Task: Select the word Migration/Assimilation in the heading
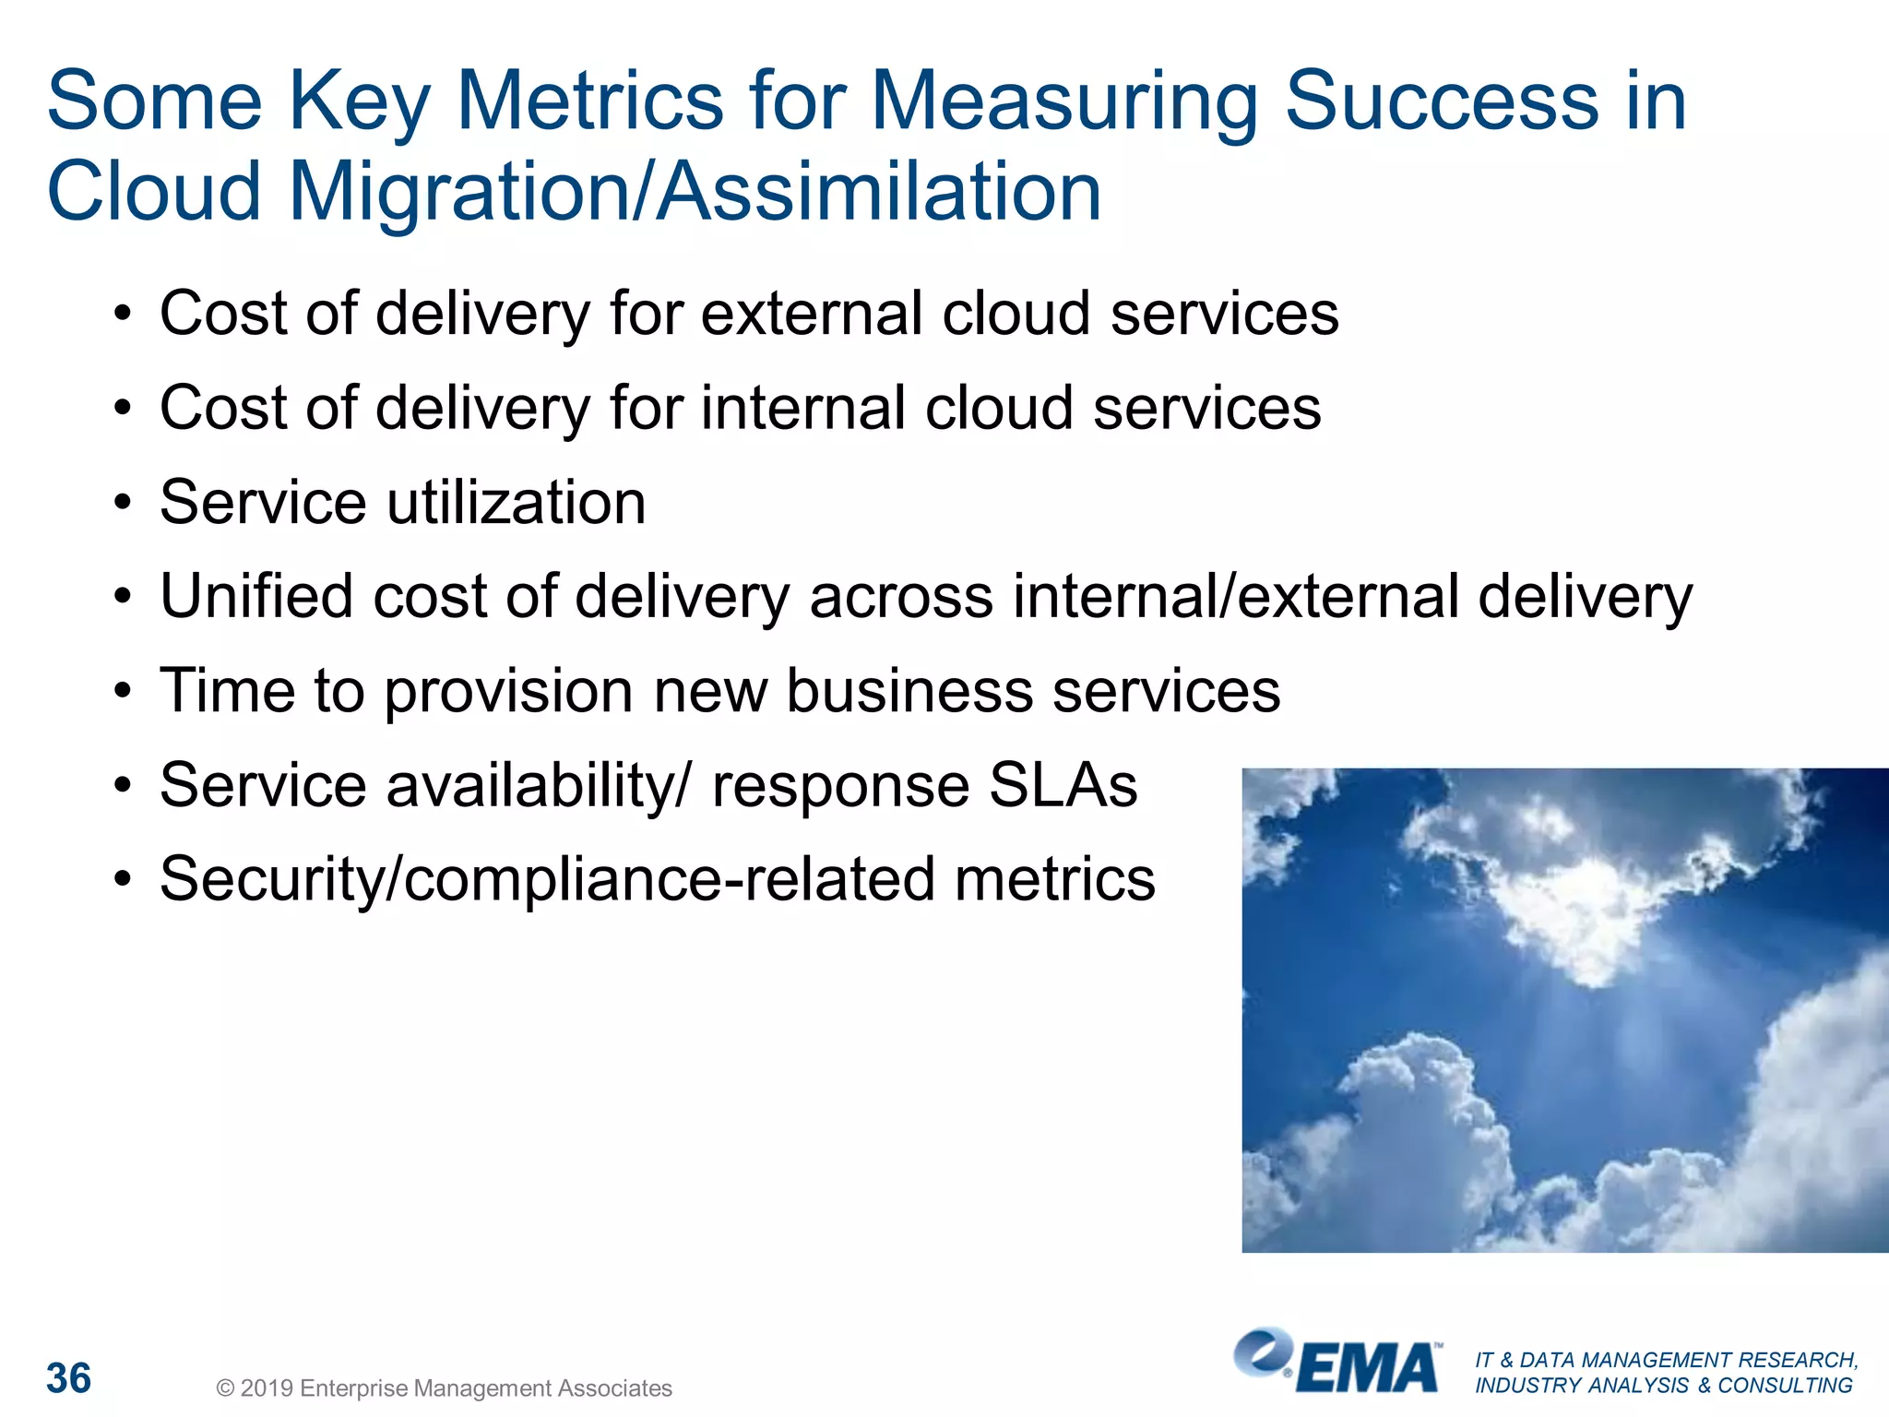pyautogui.click(x=695, y=192)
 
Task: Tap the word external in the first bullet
pyautogui.click(x=812, y=314)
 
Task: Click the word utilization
pyautogui.click(x=516, y=503)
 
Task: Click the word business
pyautogui.click(x=909, y=691)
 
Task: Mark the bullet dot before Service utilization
pyautogui.click(x=123, y=505)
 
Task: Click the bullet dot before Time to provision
pyautogui.click(x=123, y=693)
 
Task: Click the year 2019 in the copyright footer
pyautogui.click(x=267, y=1388)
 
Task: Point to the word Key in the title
pyautogui.click(x=359, y=101)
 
